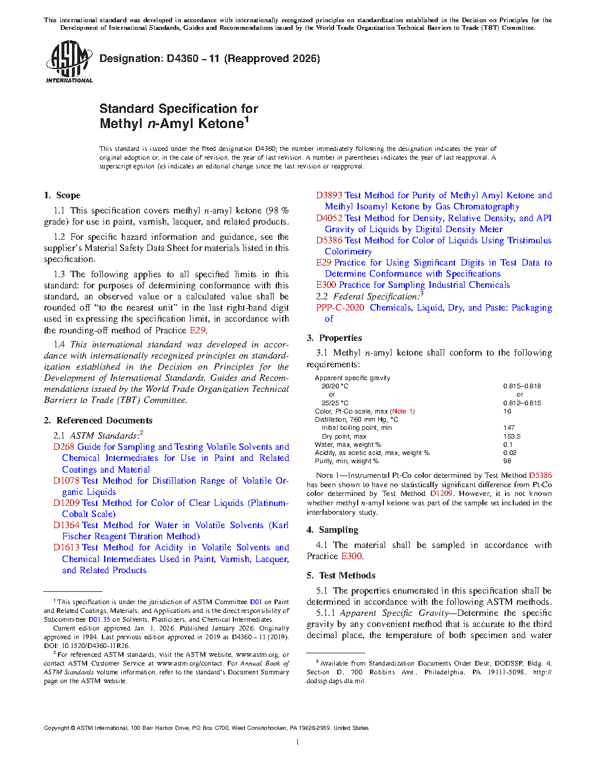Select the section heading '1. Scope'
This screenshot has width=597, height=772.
pyautogui.click(x=62, y=195)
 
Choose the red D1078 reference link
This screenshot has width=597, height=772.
pyautogui.click(x=66, y=481)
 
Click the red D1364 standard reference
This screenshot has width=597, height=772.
pyautogui.click(x=66, y=525)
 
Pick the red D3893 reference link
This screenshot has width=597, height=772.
pyautogui.click(x=329, y=195)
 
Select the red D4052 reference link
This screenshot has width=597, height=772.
pyautogui.click(x=329, y=218)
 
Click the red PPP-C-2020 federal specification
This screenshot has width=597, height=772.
pyautogui.click(x=340, y=308)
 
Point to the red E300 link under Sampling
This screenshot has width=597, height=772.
pyautogui.click(x=352, y=556)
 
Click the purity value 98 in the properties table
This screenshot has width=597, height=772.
pyautogui.click(x=507, y=461)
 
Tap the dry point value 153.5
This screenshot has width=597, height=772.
pyautogui.click(x=512, y=436)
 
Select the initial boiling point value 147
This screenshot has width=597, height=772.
pyautogui.click(x=509, y=428)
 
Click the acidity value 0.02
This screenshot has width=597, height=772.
pyautogui.click(x=510, y=453)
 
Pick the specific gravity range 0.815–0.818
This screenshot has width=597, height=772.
pyautogui.click(x=522, y=386)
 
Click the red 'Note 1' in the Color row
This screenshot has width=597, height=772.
pyautogui.click(x=403, y=411)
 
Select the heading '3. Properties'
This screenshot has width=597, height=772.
pyautogui.click(x=334, y=338)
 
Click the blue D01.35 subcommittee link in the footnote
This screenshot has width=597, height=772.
pyautogui.click(x=99, y=619)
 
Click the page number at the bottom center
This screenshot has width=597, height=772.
pyautogui.click(x=298, y=742)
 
